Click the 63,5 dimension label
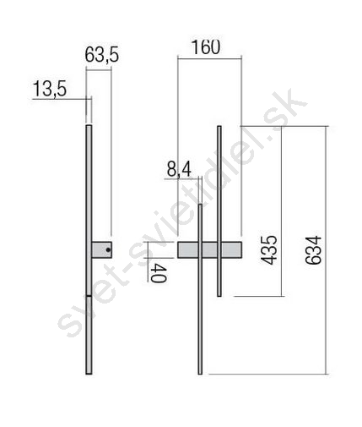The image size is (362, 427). [102, 54]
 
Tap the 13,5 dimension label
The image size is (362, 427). [50, 89]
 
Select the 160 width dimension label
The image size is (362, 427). [206, 47]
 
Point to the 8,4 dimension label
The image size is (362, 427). [179, 170]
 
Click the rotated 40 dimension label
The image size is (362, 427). [159, 273]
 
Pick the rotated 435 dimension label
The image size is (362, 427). [268, 250]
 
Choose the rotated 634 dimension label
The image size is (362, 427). [313, 250]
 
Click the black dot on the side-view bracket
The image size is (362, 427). [108, 249]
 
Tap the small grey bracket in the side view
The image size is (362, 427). [102, 249]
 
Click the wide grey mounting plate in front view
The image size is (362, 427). [209, 249]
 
